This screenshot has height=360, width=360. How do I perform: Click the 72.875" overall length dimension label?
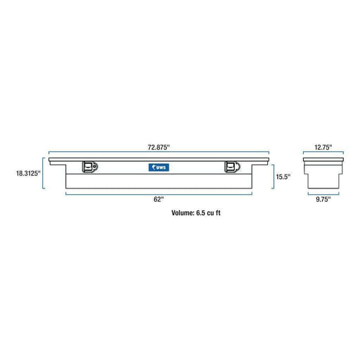[x=158, y=148]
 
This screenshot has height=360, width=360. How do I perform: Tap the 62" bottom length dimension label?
[x=159, y=200]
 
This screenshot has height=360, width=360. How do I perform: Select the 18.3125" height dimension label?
[x=28, y=174]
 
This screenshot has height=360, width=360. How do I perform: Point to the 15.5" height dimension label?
[x=283, y=176]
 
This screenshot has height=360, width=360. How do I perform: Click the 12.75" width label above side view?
[x=323, y=148]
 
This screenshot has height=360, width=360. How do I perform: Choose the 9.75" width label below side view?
[x=323, y=200]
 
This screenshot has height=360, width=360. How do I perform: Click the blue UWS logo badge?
[x=159, y=167]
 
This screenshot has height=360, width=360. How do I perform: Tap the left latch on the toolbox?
[x=90, y=167]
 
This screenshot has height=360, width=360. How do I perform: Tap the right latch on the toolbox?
[x=232, y=167]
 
